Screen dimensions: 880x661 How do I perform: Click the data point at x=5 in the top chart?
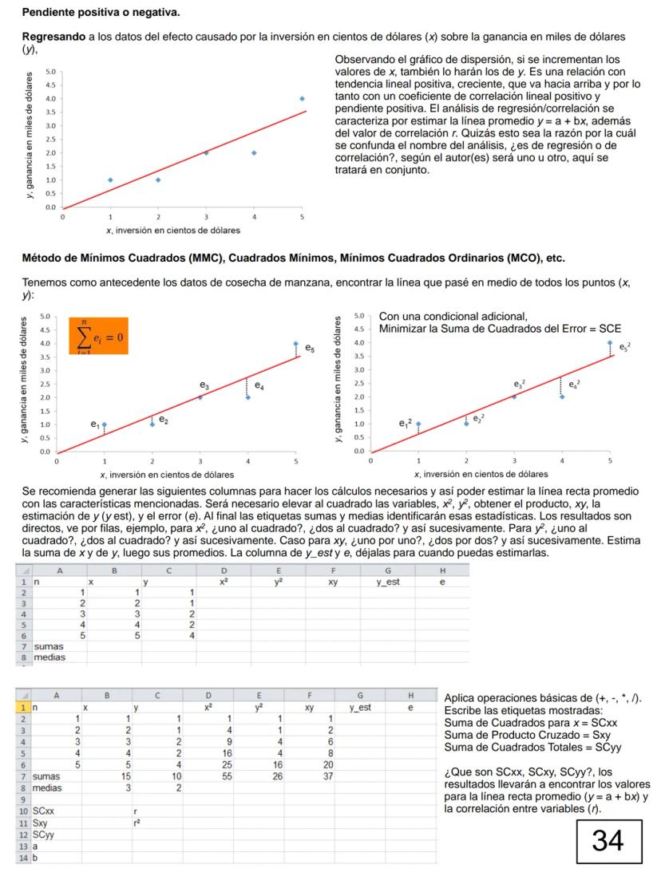pos(302,99)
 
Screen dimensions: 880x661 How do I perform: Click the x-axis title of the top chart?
pos(173,231)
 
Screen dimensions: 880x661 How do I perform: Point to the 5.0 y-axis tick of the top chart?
pos(49,72)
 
